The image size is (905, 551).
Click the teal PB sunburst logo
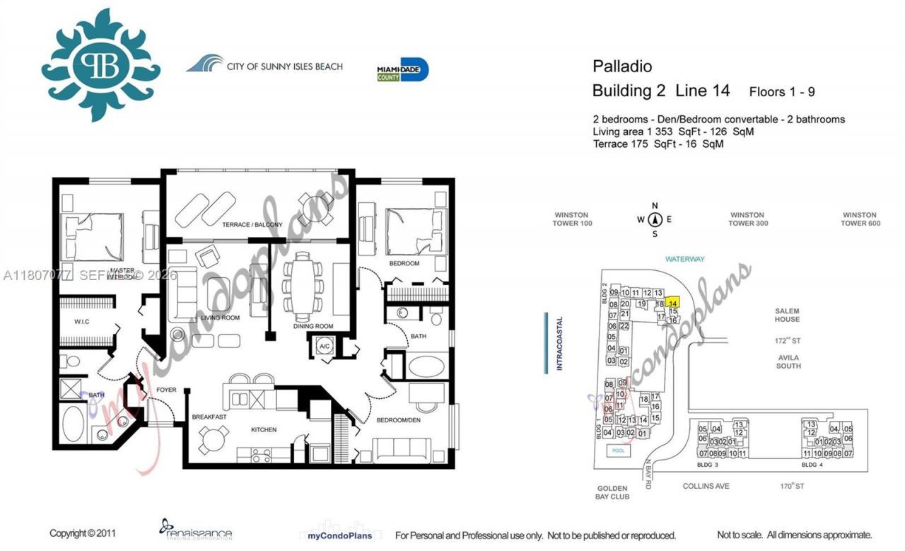pos(100,64)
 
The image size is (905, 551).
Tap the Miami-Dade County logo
pos(403,69)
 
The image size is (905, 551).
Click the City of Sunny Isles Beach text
pos(284,66)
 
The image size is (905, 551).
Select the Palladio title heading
pos(622,66)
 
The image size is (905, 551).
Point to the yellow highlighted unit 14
pos(673,302)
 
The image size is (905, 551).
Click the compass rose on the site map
pos(655,219)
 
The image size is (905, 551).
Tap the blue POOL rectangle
pos(619,450)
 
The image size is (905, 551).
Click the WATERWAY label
pos(684,259)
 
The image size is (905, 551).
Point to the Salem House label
pos(787,315)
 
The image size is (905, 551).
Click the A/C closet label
pos(324,347)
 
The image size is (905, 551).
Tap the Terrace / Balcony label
pos(252,225)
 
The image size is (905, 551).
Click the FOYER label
pos(165,390)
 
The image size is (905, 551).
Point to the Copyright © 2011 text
pos(82,534)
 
